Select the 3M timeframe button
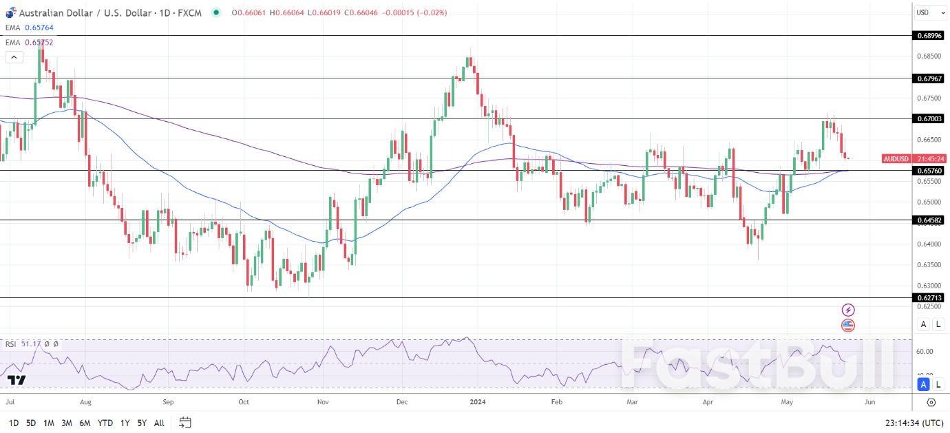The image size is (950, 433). pos(67,423)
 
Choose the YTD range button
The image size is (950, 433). pos(105,423)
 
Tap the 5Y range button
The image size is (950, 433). pos(141,423)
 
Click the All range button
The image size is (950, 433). pos(159,423)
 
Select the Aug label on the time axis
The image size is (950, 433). pos(86,401)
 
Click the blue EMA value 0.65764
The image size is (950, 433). pos(39,28)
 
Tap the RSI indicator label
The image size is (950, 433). pos(11,344)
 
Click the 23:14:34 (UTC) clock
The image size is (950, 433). pos(914,423)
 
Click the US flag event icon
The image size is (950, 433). pos(848,326)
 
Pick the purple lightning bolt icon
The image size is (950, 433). pos(848,310)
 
